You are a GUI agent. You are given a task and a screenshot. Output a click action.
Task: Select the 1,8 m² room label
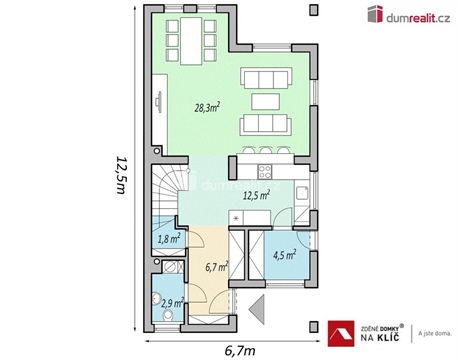(169, 239)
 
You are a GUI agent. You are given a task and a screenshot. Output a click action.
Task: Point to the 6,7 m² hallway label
(217, 267)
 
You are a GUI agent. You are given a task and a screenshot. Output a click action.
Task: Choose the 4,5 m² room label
(284, 254)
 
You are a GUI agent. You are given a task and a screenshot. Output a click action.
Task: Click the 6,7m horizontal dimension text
(240, 351)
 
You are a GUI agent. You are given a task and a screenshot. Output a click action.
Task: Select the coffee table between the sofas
(265, 100)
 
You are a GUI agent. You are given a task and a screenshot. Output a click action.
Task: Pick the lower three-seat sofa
(265, 124)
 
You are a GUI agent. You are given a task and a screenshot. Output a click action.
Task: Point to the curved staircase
(169, 190)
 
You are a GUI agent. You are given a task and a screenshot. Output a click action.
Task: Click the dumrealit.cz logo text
(416, 14)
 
